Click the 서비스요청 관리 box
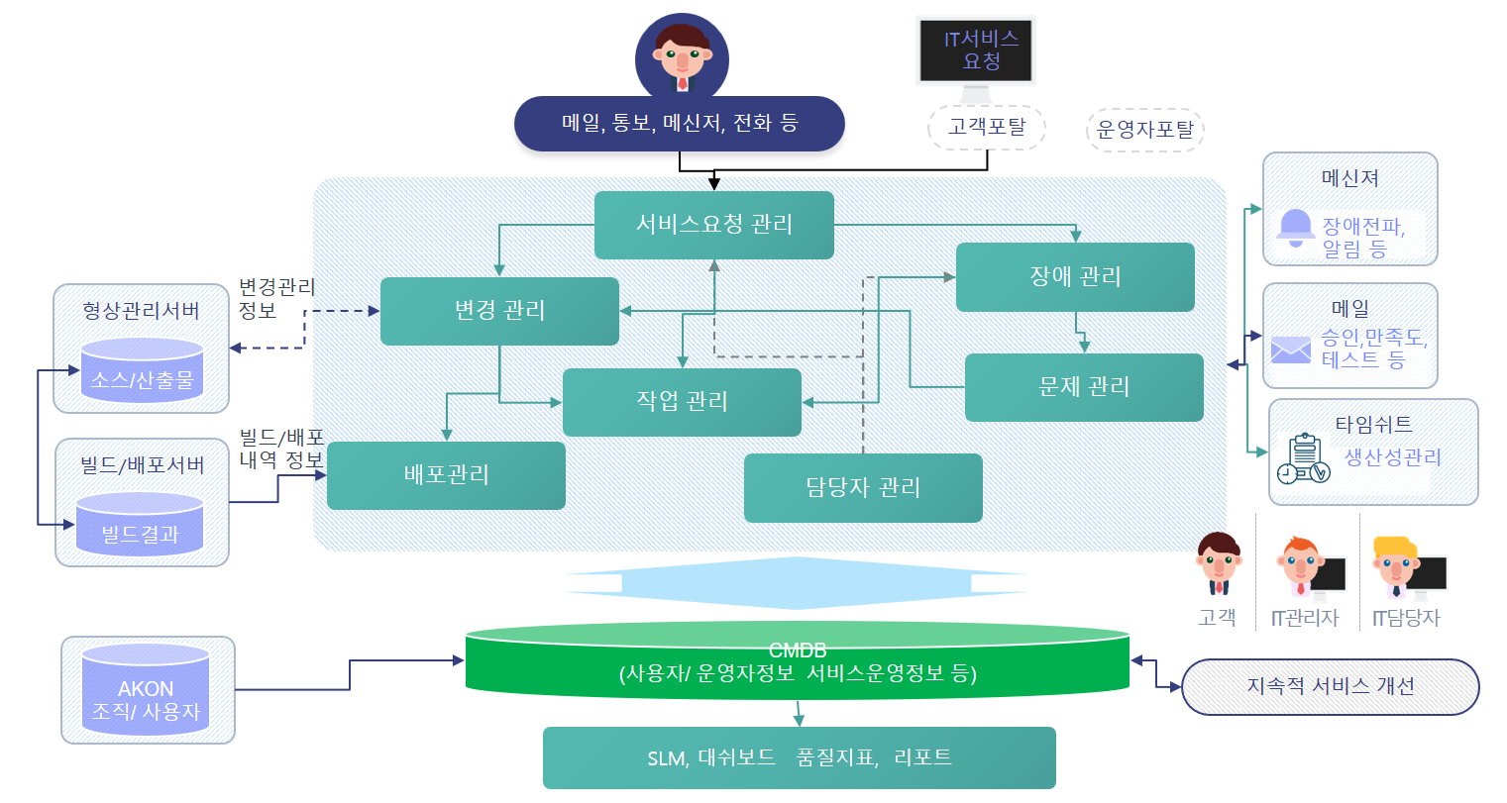[713, 225]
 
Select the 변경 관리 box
[499, 311]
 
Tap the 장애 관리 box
[1075, 277]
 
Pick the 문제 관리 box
[1084, 387]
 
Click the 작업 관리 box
[682, 402]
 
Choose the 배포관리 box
[446, 475]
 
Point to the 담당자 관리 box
[863, 487]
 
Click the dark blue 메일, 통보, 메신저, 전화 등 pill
[679, 124]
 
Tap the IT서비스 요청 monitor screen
[976, 50]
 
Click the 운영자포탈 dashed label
[1144, 130]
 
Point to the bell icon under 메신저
[1295, 227]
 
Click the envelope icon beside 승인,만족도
[1291, 350]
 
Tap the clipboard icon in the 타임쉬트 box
[1303, 458]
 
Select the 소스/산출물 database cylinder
[142, 370]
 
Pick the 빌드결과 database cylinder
[140, 525]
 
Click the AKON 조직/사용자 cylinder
[146, 690]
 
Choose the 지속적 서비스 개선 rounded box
[1330, 687]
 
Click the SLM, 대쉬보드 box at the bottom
[799, 758]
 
